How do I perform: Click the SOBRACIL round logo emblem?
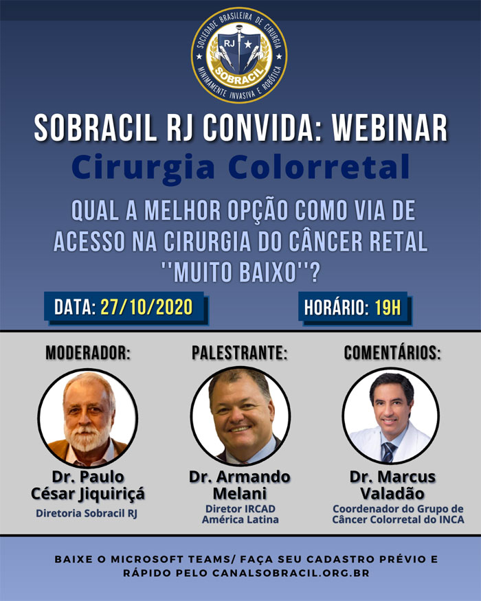click(239, 55)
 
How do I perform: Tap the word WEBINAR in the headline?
click(390, 128)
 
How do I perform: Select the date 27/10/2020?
click(146, 308)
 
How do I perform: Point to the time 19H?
click(388, 308)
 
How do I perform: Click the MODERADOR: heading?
click(88, 353)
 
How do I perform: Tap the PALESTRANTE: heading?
click(240, 353)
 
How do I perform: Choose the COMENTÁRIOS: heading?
click(392, 352)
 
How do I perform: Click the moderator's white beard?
click(87, 438)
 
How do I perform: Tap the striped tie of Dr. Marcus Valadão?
click(388, 452)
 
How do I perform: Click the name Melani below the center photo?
click(240, 493)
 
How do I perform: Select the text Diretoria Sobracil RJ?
click(87, 513)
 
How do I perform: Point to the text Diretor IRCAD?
click(240, 509)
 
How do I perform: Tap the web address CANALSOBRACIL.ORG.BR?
click(291, 574)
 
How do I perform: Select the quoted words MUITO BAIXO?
click(235, 273)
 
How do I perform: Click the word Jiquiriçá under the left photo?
click(112, 494)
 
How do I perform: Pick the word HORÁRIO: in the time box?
click(337, 308)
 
